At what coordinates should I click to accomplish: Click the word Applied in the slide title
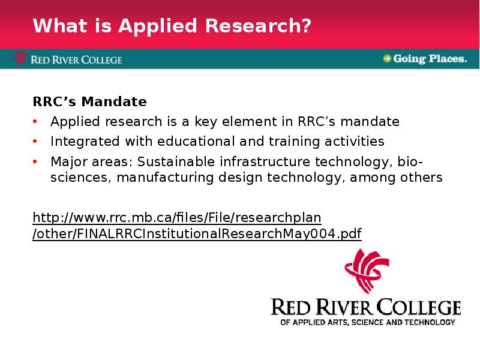tap(158, 26)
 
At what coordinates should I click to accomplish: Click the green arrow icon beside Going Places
tap(387, 58)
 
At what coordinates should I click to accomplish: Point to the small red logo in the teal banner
tap(20, 58)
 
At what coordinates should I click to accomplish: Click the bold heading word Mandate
tap(114, 101)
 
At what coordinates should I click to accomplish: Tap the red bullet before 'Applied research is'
tap(35, 122)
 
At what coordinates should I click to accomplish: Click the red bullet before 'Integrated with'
tap(35, 142)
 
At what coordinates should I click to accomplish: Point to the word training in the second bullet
tap(294, 142)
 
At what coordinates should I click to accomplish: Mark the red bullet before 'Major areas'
tap(35, 161)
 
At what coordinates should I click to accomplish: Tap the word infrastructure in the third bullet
tap(265, 161)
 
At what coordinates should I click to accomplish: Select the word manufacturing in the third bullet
tap(164, 178)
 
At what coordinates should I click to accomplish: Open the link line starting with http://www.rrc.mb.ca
tap(177, 218)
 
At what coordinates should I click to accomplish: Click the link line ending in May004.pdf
tap(197, 234)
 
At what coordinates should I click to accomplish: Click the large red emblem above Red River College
tap(367, 271)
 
